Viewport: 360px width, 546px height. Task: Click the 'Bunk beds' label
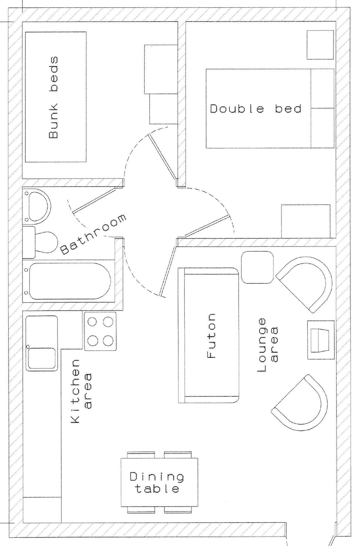(53, 97)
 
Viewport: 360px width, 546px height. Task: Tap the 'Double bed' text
(255, 108)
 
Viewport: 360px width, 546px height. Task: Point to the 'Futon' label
(211, 336)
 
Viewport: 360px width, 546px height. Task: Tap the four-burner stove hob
(100, 331)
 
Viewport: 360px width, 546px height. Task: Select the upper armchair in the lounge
(305, 284)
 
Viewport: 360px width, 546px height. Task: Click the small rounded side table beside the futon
(257, 267)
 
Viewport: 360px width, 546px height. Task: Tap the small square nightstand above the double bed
(320, 45)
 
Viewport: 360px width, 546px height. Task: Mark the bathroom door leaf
(94, 200)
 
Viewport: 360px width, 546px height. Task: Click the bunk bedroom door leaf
(163, 157)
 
